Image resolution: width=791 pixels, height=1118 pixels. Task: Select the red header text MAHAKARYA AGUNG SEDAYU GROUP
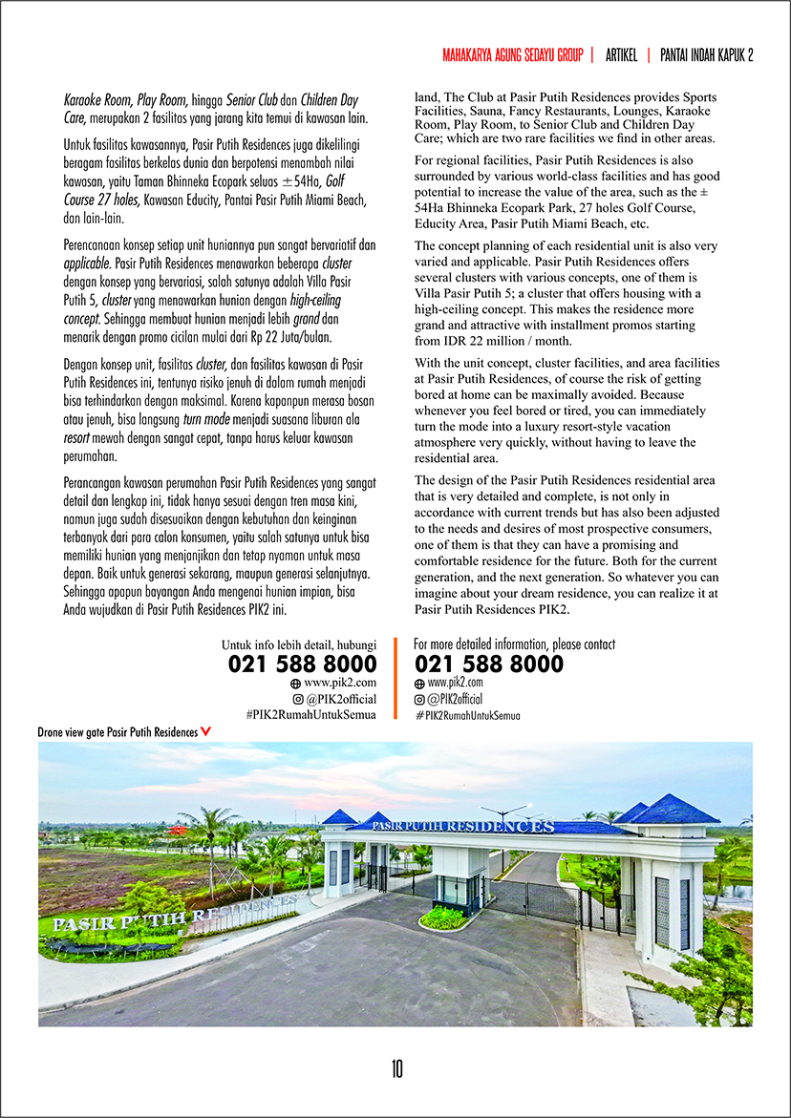click(512, 55)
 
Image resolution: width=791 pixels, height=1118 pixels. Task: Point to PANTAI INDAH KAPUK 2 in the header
click(707, 55)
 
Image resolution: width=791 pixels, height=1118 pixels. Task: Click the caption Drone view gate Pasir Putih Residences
click(118, 732)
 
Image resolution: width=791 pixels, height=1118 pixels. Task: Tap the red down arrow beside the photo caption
click(206, 732)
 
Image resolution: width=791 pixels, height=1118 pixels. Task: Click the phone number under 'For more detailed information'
click(489, 664)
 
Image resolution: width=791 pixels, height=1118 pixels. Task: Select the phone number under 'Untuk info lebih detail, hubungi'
click(303, 664)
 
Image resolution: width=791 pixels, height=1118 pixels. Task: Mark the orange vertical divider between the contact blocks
click(395, 679)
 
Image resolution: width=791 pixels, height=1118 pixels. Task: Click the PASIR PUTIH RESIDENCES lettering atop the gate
click(478, 825)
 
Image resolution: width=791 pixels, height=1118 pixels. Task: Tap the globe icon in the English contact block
click(419, 684)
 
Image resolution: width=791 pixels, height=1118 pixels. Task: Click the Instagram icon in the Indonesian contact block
click(298, 700)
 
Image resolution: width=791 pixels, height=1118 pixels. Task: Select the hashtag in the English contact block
click(467, 715)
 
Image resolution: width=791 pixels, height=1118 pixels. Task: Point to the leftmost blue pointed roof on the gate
click(338, 817)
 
